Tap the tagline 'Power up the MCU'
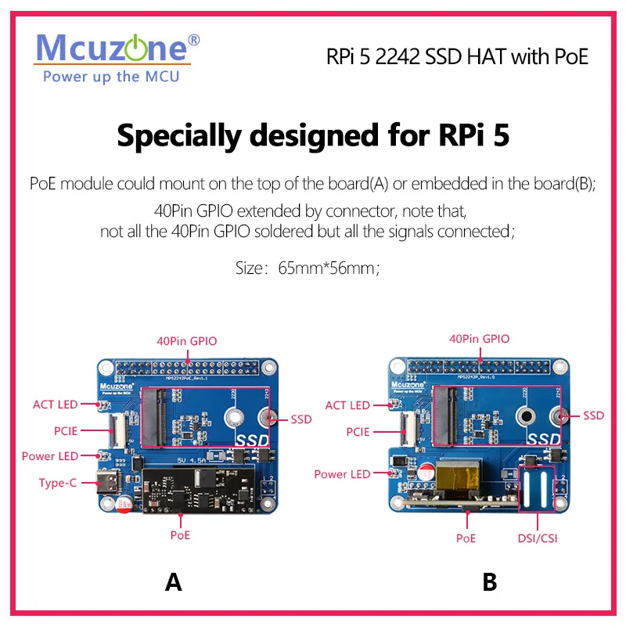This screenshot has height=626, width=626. click(111, 77)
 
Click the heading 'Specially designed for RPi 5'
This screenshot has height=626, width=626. click(313, 135)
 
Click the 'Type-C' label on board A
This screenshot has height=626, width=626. click(58, 483)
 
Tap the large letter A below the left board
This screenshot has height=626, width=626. click(173, 582)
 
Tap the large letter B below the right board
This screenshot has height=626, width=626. click(489, 582)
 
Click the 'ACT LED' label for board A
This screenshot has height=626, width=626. click(56, 405)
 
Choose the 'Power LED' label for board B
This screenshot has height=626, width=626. click(342, 474)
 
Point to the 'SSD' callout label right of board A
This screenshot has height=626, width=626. click(301, 419)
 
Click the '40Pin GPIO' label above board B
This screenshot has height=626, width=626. click(479, 339)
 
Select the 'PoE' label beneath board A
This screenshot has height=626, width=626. click(180, 536)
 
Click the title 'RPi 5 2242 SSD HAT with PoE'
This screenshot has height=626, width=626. click(457, 56)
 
